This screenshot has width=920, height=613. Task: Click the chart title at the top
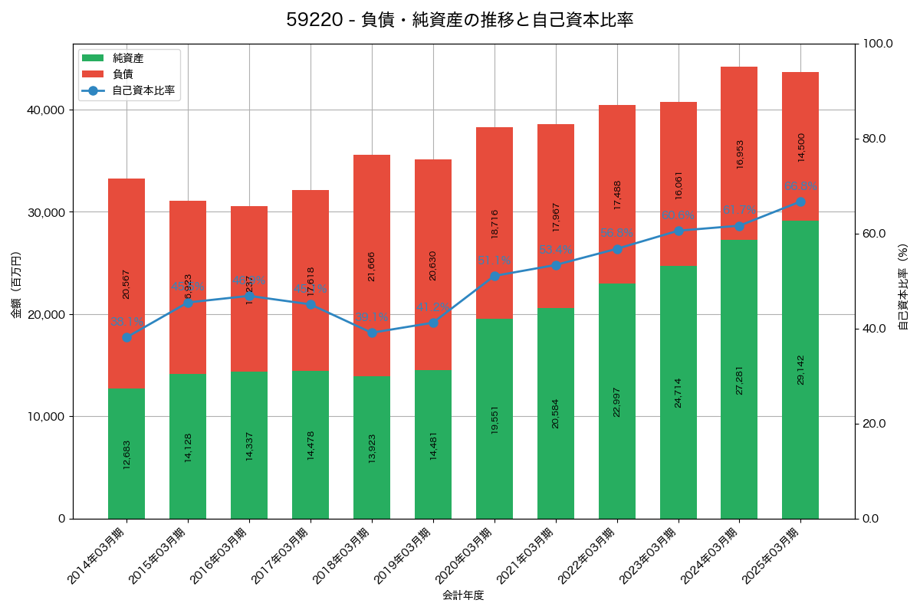[460, 20]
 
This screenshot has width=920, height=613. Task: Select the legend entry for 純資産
[128, 58]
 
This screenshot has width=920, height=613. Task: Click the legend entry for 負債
[123, 74]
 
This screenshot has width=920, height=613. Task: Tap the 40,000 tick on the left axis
[47, 110]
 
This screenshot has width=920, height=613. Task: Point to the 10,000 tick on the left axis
[47, 417]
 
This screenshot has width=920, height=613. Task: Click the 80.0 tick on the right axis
[873, 139]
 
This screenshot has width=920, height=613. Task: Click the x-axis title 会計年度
[463, 595]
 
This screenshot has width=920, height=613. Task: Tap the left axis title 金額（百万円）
[16, 285]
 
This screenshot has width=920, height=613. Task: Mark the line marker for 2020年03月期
[495, 276]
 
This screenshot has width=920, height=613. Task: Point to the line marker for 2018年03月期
[372, 333]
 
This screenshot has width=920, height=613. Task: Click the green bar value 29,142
[801, 369]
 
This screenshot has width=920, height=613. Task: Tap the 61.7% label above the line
[739, 210]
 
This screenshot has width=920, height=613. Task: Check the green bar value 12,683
[127, 454]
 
